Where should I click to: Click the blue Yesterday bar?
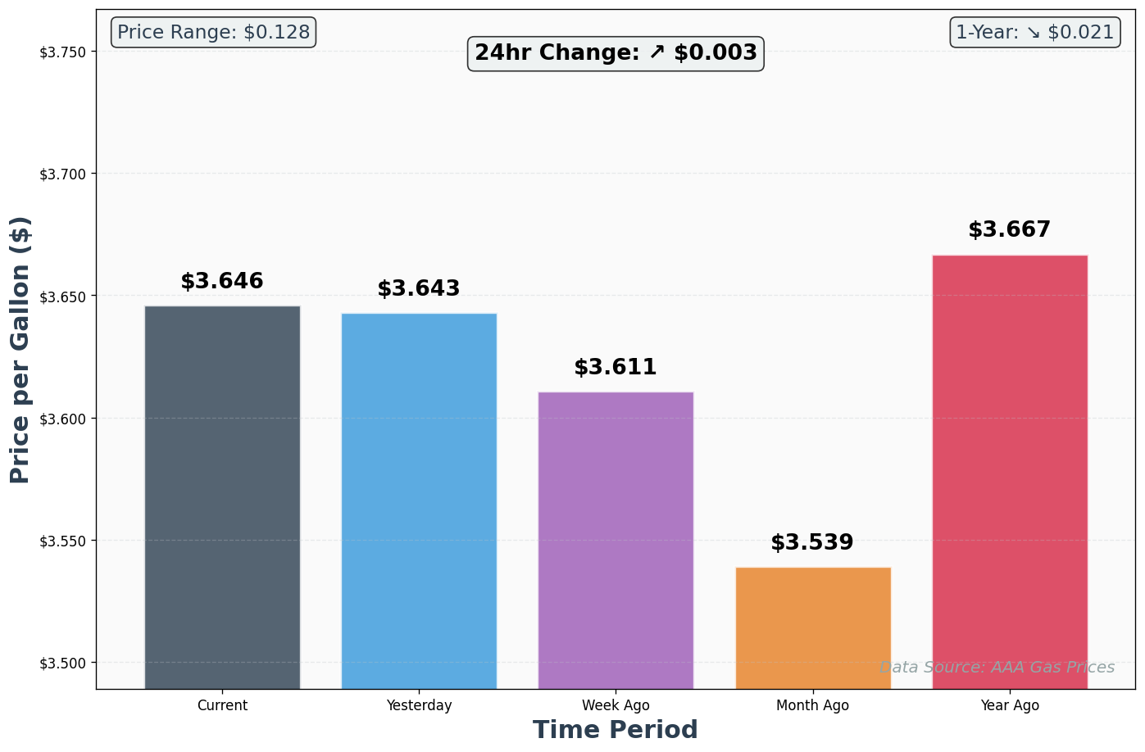pos(419,501)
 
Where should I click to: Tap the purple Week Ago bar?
pos(616,540)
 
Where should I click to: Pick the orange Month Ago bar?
pos(813,627)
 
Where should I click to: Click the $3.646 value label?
pos(222,282)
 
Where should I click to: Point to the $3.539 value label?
pos(812,543)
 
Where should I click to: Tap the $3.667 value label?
pos(1009,230)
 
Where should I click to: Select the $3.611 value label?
pos(616,368)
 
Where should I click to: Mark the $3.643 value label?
pos(419,289)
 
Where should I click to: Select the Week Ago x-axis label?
pos(616,705)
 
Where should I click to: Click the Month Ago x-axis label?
pos(813,705)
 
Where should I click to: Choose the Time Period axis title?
pos(616,730)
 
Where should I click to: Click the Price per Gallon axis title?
pos(20,350)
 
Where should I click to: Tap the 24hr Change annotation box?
pos(616,53)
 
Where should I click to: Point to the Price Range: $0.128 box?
pos(213,33)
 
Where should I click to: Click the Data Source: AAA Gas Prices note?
pos(997,668)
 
